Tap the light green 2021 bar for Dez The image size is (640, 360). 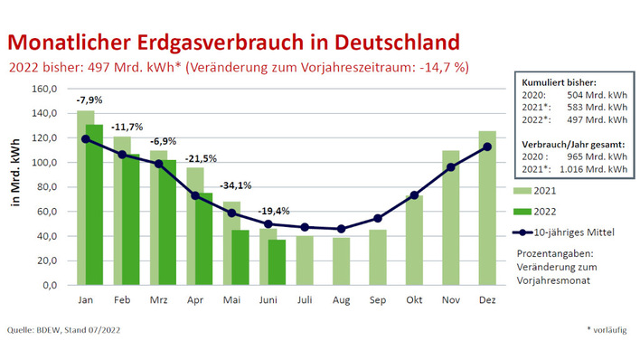point(487,208)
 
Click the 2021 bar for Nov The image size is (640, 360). point(450,217)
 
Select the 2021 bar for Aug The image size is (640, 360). point(341,261)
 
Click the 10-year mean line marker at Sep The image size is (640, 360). point(378,218)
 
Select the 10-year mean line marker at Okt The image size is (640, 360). point(414,194)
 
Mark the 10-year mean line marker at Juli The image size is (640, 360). point(305,227)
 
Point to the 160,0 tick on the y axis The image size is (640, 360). point(45,90)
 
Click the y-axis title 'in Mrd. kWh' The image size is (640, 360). point(16,188)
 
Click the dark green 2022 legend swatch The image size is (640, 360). point(522,212)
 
